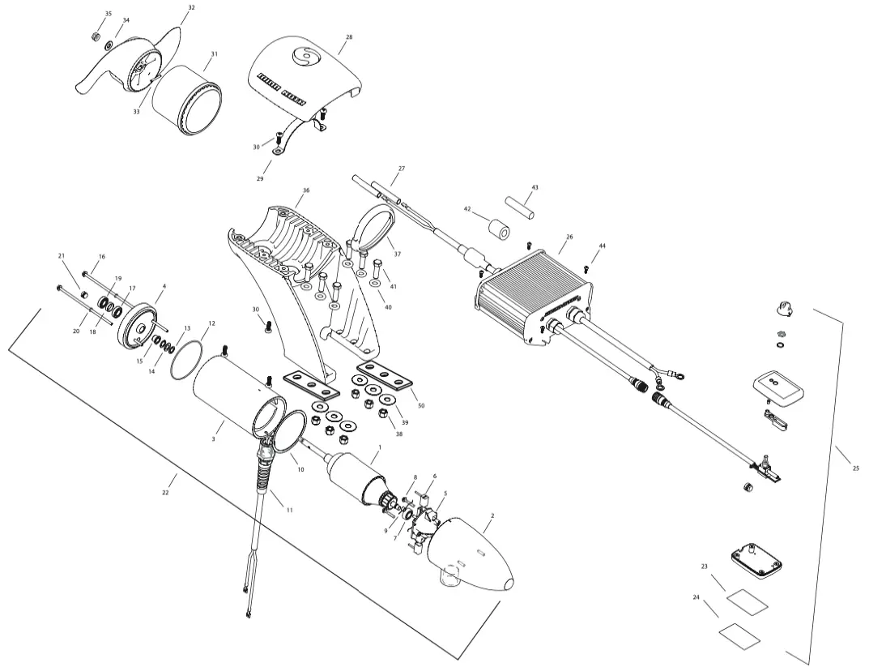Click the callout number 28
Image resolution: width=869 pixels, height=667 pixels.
pos(349,37)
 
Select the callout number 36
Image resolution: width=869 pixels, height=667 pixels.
pos(305,191)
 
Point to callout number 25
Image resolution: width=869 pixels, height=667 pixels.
pos(856,468)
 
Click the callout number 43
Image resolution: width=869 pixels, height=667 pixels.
pos(535,187)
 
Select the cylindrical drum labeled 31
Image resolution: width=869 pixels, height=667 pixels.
pos(186,99)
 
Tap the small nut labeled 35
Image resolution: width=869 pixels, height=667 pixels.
pos(94,36)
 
